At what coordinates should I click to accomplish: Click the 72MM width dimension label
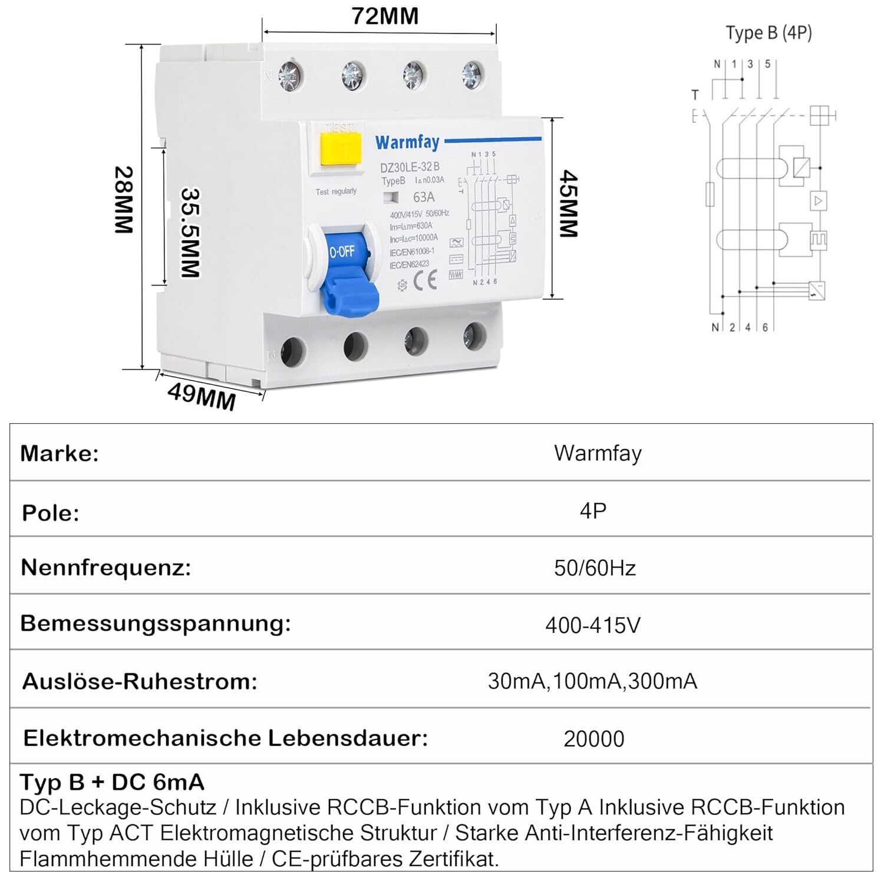tap(385, 16)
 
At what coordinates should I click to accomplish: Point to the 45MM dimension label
tap(568, 204)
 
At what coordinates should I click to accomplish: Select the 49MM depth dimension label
tap(202, 395)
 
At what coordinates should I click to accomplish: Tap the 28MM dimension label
tap(124, 200)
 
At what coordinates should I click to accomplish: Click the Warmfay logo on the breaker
tap(407, 143)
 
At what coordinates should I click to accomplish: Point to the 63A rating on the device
tap(423, 197)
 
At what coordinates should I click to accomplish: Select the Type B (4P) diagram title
tap(768, 33)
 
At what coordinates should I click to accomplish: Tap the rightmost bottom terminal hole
tap(474, 336)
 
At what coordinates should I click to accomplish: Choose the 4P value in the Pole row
tap(593, 510)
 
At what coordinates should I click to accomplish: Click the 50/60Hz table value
tap(595, 568)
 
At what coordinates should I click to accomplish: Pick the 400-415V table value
tap(593, 625)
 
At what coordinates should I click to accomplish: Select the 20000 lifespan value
tap(594, 738)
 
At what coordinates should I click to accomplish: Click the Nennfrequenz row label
tap(106, 568)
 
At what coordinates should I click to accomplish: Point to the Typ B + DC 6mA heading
tap(112, 782)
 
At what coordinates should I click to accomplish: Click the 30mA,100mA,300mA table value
tap(593, 681)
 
